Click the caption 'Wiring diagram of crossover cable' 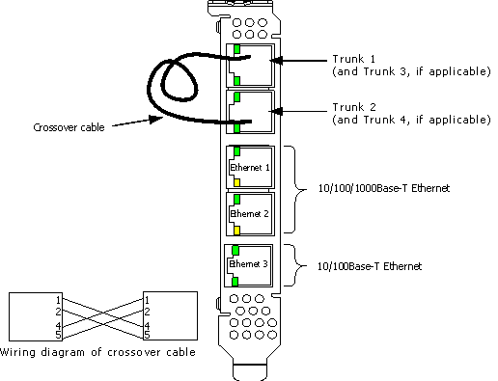point(98,352)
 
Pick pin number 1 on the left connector point(57,300)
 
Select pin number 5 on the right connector point(147,335)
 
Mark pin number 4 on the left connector point(57,326)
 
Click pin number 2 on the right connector point(147,312)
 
